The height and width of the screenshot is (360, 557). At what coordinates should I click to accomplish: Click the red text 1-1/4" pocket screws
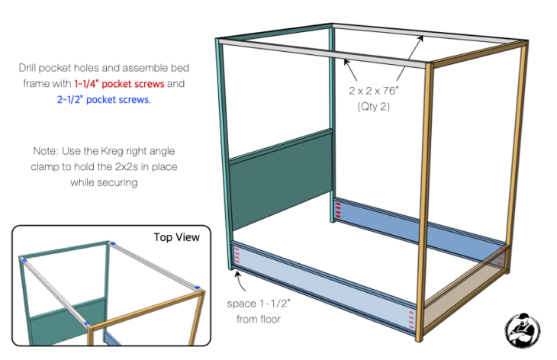point(119,84)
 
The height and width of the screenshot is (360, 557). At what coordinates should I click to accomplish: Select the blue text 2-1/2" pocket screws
point(104,100)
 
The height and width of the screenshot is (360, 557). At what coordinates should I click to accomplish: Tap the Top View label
point(176,237)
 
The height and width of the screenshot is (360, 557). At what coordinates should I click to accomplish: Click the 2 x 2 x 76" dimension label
point(373,91)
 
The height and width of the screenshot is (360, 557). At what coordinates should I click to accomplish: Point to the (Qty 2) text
point(373,107)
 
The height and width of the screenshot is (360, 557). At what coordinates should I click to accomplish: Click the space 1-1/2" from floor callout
point(258,311)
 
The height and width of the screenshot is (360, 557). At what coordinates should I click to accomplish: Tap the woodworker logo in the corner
point(522,329)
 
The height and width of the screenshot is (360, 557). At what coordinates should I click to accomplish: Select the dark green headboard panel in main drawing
point(281,181)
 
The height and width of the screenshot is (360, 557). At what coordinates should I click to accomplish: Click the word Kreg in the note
point(112,151)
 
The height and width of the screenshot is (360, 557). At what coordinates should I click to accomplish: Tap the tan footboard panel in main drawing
point(465,297)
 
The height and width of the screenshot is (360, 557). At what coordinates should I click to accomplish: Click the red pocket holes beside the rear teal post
point(338,211)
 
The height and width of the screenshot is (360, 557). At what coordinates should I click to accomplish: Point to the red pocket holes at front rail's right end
point(411,319)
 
